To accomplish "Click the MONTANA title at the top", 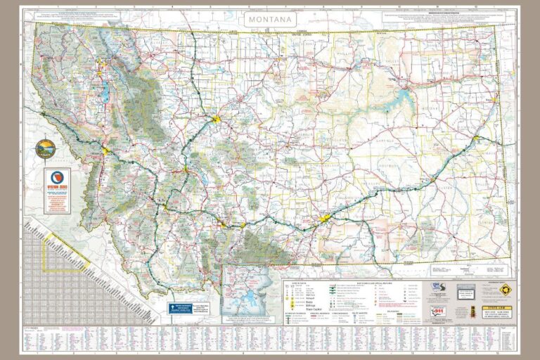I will click(270, 20).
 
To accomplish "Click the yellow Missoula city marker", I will click(106, 150).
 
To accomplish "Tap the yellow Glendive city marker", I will click(477, 139).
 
